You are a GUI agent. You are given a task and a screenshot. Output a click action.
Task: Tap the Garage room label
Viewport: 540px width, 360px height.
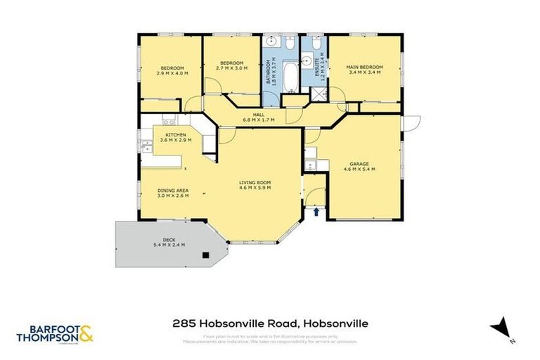[x=359, y=167]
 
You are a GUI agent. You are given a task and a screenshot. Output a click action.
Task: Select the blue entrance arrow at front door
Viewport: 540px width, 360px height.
[x=316, y=210]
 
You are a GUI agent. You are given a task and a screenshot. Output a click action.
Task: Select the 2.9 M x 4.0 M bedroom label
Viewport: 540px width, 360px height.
[x=172, y=70]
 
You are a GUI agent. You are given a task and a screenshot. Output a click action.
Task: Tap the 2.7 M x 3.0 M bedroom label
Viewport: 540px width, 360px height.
[x=232, y=65]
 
